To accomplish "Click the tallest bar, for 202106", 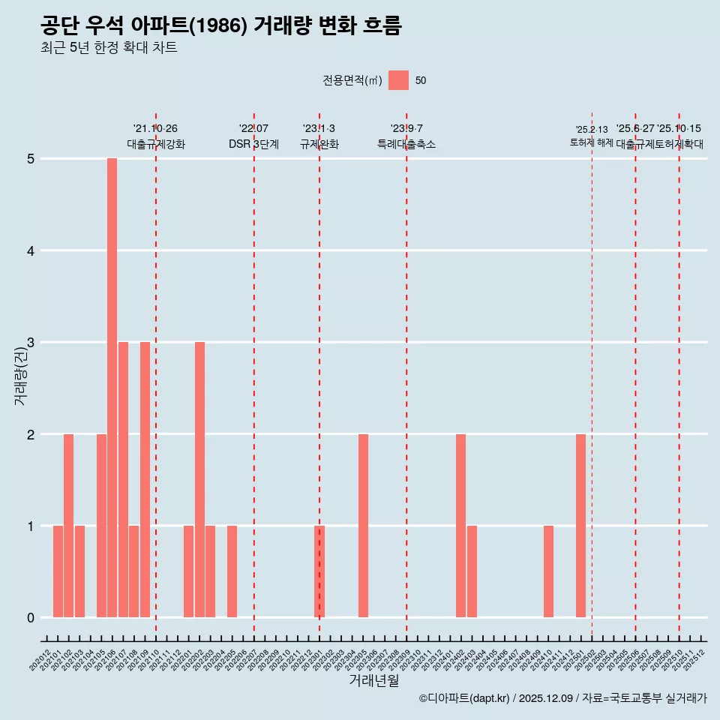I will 112,388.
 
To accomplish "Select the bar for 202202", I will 199,480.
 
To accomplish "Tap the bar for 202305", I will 363,526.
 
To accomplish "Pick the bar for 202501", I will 580,526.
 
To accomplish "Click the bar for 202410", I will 548,571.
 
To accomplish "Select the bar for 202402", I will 460,526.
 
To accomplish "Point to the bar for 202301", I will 319,571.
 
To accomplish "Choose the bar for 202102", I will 68,526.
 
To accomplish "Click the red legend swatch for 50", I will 399,80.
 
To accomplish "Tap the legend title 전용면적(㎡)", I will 352,81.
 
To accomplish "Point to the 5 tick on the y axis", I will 31,159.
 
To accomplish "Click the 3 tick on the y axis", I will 31,343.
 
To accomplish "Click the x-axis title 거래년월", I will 373,680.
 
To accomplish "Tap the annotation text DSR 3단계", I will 253,144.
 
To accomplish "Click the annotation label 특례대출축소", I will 406,144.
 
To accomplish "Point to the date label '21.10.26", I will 155,129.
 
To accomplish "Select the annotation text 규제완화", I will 319,144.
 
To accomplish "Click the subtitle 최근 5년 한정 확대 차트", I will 109,48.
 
